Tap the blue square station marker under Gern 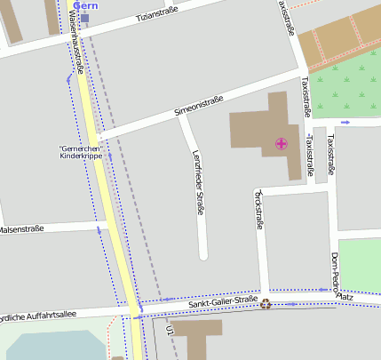85,17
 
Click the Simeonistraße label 198,107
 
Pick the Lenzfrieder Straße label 199,182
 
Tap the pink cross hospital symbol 282,143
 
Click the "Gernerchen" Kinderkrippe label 80,151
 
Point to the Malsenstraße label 21,229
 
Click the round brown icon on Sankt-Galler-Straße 265,304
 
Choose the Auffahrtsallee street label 40,315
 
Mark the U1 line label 168,331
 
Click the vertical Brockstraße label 259,210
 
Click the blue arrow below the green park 345,122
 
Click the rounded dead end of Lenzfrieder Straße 202,254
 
